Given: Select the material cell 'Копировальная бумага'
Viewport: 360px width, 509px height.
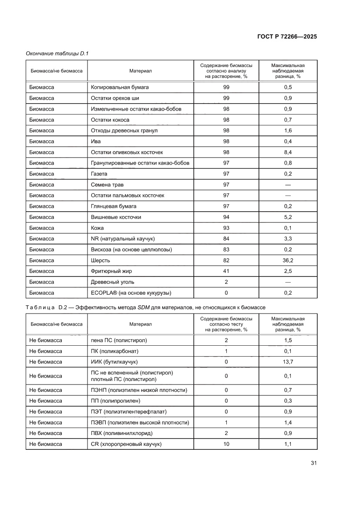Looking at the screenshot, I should click(x=120, y=87).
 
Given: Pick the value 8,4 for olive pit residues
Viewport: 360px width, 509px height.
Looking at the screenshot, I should click(x=288, y=152).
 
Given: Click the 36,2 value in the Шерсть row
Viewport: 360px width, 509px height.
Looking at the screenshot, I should click(x=288, y=260).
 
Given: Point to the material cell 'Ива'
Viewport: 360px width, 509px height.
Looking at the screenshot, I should click(x=95, y=141).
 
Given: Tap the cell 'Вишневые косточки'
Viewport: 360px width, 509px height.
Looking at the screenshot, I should click(x=116, y=217).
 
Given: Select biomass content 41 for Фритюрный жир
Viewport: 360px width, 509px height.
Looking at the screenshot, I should click(x=226, y=271).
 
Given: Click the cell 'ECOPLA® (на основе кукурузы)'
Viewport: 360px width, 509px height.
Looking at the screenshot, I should click(x=131, y=293).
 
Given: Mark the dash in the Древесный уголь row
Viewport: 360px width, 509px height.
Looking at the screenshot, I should click(x=288, y=282).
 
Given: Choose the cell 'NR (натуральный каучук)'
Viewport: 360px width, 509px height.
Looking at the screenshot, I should click(x=123, y=239).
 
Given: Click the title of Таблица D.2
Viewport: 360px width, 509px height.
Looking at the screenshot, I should click(x=145, y=307).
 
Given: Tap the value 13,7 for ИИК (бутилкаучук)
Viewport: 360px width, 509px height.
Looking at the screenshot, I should click(x=288, y=362).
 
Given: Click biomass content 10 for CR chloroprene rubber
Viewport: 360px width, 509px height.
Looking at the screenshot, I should click(x=226, y=444).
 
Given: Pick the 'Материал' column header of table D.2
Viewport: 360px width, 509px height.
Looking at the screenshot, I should click(x=140, y=324).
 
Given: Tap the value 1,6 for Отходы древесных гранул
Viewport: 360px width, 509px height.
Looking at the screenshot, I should click(x=288, y=131).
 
